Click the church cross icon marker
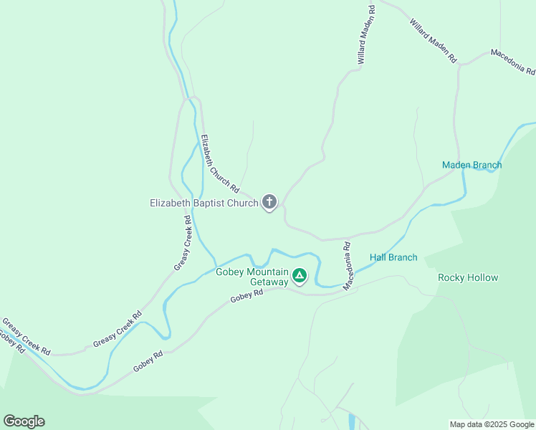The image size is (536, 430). point(269,203)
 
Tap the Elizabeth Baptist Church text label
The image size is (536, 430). point(204,203)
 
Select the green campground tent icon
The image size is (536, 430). point(300,275)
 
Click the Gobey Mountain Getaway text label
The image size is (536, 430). point(252,277)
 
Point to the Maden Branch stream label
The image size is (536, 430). point(472,165)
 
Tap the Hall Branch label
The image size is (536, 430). point(393,257)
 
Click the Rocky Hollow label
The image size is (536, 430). point(468,277)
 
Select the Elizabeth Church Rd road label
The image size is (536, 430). point(219,163)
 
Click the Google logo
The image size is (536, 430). point(24,421)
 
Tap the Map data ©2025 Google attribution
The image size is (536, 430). point(492,424)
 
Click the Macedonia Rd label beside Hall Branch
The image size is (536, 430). point(348,266)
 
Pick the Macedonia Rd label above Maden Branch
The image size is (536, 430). point(512,62)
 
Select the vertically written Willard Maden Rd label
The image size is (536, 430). point(365,36)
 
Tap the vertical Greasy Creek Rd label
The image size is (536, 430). point(183,244)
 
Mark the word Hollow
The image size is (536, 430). point(482,277)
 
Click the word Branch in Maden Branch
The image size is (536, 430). point(487,165)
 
